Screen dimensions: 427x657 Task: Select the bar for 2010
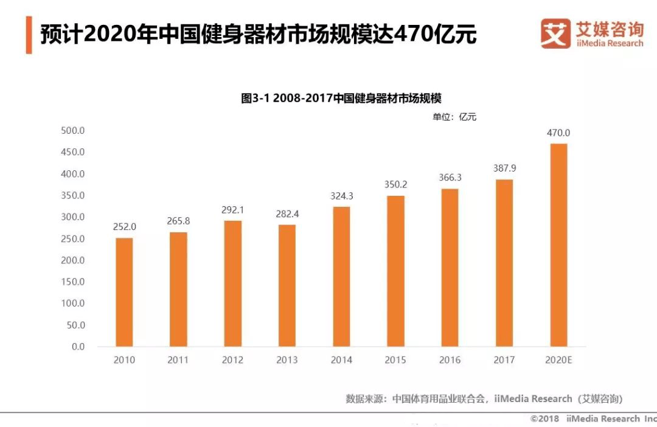(x=124, y=292)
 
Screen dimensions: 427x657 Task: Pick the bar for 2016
(x=450, y=268)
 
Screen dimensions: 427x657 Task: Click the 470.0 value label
(x=558, y=133)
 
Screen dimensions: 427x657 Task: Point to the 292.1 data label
(x=232, y=210)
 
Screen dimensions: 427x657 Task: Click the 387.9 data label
(x=504, y=168)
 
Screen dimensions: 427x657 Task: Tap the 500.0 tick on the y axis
(x=73, y=131)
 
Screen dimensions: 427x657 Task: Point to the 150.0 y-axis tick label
(x=73, y=282)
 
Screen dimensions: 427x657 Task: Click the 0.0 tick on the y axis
(x=78, y=347)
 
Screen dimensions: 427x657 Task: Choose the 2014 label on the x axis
(x=341, y=360)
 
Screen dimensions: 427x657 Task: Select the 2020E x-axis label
(x=558, y=360)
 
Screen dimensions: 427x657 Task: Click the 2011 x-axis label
(x=178, y=360)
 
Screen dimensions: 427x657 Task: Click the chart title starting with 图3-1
(x=341, y=99)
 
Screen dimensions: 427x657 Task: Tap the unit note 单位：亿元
(x=454, y=117)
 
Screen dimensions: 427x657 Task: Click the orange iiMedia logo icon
(x=555, y=33)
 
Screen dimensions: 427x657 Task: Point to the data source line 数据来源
(x=484, y=399)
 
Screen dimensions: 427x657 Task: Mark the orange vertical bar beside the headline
(x=29, y=35)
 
